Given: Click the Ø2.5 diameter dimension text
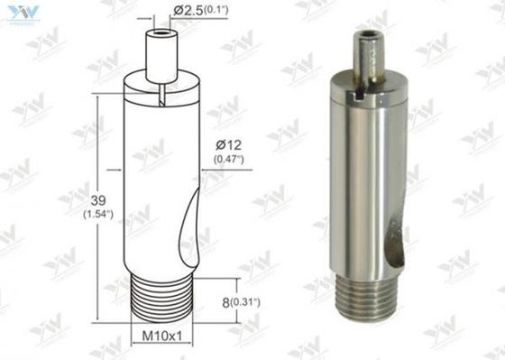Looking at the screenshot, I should [188, 11].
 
